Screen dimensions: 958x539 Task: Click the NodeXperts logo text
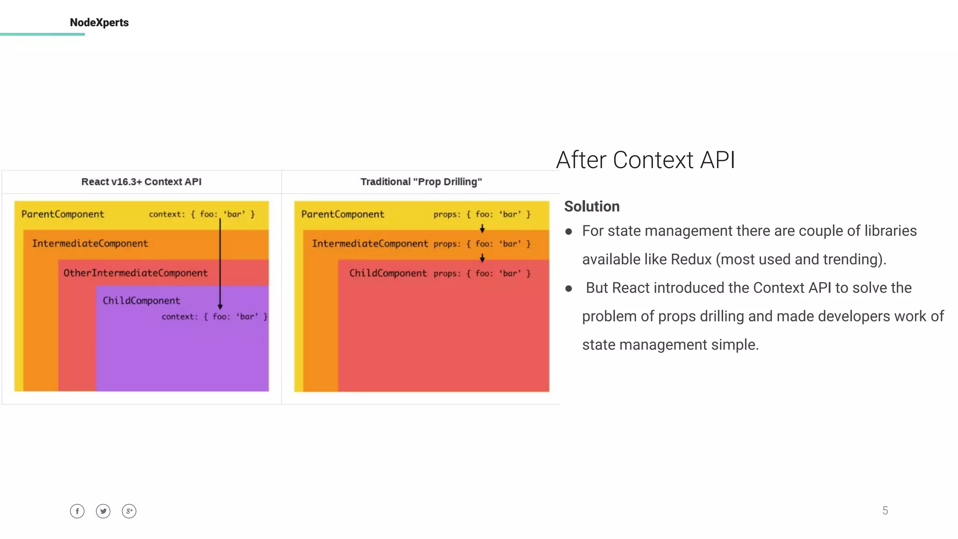[99, 22]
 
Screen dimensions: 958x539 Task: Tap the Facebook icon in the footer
[77, 511]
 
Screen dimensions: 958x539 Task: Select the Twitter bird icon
[103, 511]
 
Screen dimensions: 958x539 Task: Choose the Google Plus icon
[129, 511]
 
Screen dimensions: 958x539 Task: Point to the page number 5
[885, 510]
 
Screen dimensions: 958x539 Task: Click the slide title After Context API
[646, 160]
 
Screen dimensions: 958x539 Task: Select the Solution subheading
[592, 206]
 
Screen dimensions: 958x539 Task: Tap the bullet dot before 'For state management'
[569, 232]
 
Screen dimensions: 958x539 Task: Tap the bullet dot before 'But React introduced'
[569, 289]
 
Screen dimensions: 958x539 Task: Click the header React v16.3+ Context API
[141, 182]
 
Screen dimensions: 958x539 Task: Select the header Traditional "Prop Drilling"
[421, 182]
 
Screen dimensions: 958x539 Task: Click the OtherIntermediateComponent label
[135, 273]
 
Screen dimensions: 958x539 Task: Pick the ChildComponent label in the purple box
[141, 300]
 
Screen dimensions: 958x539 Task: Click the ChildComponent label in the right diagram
[388, 273]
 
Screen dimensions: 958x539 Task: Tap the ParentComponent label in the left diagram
[63, 214]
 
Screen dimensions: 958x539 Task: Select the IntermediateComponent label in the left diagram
[90, 243]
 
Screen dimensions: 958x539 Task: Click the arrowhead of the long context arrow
[220, 306]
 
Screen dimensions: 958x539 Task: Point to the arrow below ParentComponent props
[482, 229]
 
